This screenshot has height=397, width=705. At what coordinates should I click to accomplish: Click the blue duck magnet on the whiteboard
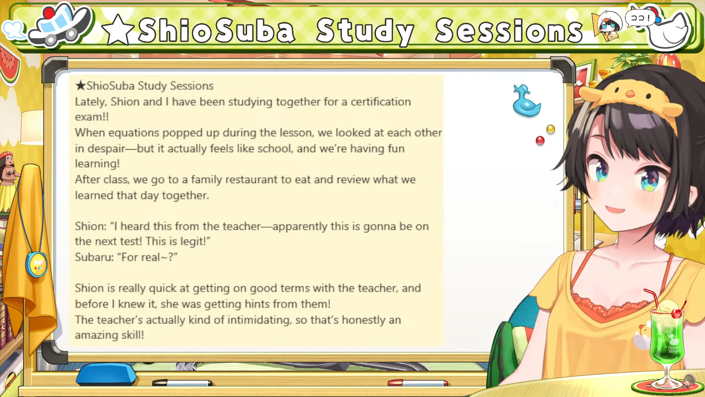point(527,102)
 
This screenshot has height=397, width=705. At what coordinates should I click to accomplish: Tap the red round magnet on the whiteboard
point(540,140)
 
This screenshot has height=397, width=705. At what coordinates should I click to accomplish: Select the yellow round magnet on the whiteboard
point(550,129)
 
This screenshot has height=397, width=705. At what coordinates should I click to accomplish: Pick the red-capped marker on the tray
point(417,383)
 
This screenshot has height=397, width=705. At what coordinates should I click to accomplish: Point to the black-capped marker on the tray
point(182,383)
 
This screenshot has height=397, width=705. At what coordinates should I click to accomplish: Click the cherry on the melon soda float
point(677,314)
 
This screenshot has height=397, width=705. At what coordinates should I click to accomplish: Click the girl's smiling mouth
point(615,210)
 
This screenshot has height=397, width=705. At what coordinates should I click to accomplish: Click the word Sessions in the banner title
point(509,31)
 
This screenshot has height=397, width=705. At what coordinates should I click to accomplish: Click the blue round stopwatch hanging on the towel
point(36,264)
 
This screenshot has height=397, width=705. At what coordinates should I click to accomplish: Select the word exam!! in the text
point(92,117)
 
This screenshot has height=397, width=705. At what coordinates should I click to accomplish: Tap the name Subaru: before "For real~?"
point(94,257)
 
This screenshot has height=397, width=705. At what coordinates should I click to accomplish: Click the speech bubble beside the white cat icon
point(640,17)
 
